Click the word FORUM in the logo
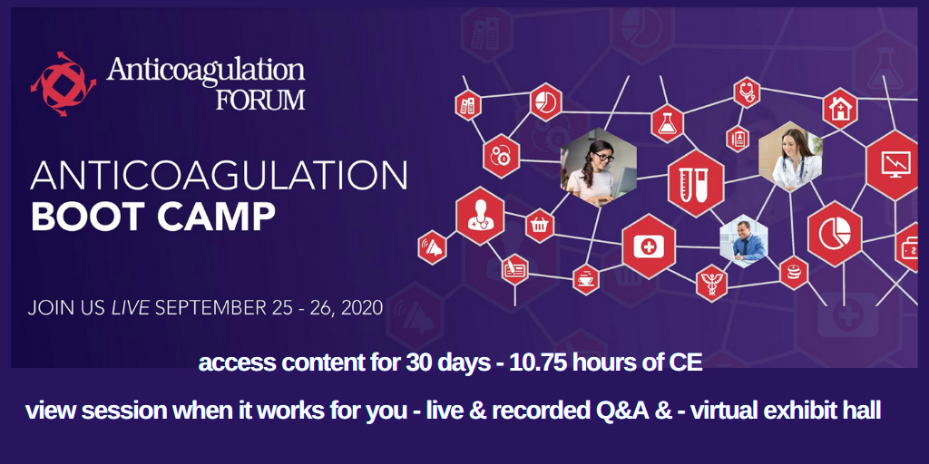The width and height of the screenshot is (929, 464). pyautogui.click(x=260, y=100)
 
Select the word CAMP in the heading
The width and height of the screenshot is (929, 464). pyautogui.click(x=216, y=217)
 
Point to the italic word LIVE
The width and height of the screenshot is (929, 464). pyautogui.click(x=131, y=308)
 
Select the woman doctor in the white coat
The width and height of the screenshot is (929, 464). pyautogui.click(x=790, y=156)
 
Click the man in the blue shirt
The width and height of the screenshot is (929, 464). pyautogui.click(x=744, y=241)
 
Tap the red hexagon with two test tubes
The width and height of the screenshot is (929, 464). pyautogui.click(x=696, y=183)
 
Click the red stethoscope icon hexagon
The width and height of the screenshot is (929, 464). pyautogui.click(x=748, y=93)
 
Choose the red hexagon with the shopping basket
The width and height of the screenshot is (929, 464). pyautogui.click(x=540, y=226)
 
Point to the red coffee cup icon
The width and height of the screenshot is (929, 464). pyautogui.click(x=586, y=279)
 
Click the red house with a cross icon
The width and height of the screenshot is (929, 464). pyautogui.click(x=840, y=109)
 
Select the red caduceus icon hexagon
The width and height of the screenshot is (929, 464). pyautogui.click(x=711, y=283)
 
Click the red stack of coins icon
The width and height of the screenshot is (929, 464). pyautogui.click(x=794, y=273)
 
